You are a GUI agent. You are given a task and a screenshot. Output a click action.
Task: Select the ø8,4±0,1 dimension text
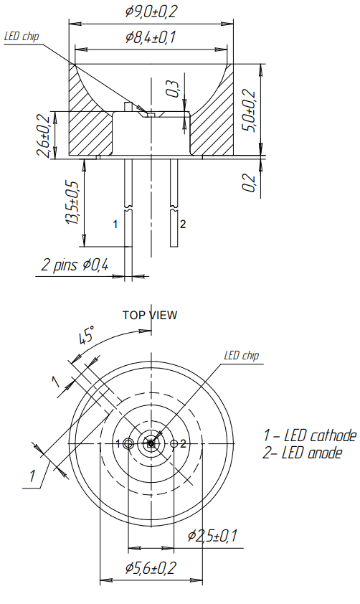pos(151,39)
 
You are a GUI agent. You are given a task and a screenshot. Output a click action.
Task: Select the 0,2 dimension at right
pos(248,183)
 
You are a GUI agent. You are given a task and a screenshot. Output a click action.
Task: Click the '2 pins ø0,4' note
pos(75,265)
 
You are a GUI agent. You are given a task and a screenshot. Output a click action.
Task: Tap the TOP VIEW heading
pos(150,314)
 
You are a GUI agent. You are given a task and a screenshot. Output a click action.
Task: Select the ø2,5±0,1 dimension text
pos(213,535)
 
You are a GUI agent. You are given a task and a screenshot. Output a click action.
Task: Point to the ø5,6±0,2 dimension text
pos(151,568)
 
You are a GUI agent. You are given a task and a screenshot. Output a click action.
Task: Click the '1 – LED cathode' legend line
pos(309,435)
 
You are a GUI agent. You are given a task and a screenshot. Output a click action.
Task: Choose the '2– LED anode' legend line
pos(303,453)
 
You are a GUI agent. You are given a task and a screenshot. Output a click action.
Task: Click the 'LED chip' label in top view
pos(241,356)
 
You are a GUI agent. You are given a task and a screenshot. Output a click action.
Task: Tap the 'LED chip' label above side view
pos(22,37)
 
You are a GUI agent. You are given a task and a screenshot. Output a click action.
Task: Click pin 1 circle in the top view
pos(128,444)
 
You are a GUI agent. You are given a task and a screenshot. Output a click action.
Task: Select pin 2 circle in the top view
pos(174,444)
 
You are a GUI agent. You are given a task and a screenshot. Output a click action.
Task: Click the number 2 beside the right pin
pos(183,224)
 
